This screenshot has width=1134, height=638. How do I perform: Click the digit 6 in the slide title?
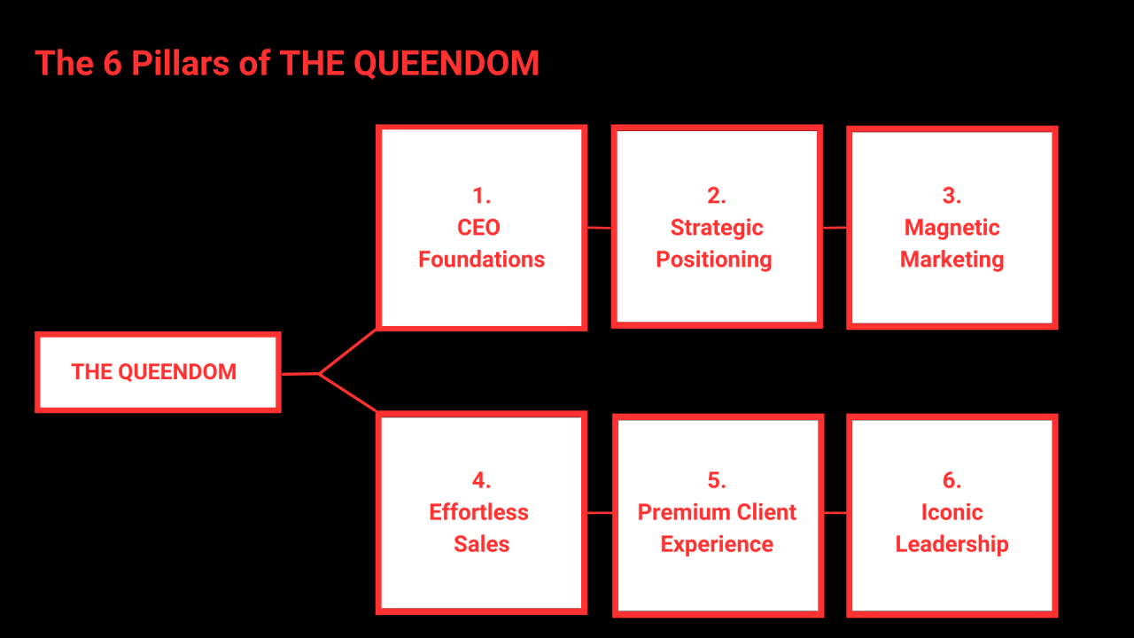(x=112, y=64)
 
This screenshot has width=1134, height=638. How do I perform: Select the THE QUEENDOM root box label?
(x=154, y=372)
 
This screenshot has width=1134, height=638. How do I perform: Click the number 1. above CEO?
(x=481, y=196)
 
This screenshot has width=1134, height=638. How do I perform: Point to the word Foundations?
(x=481, y=260)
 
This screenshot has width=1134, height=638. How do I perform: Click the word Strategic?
(x=717, y=228)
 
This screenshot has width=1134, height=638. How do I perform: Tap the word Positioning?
(x=714, y=260)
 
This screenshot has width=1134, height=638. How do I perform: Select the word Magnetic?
(x=951, y=228)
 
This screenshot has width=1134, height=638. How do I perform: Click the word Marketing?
(x=951, y=260)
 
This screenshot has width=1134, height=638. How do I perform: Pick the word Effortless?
(x=478, y=512)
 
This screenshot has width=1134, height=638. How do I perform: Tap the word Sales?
(x=481, y=544)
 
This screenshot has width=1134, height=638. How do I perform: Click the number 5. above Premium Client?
(x=717, y=480)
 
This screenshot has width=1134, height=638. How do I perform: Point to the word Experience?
(x=717, y=544)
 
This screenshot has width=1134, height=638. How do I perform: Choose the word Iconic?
(x=951, y=512)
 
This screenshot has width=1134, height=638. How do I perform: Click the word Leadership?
(x=951, y=544)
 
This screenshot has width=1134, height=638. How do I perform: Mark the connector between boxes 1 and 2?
(x=599, y=228)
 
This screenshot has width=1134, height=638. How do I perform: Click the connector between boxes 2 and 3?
(x=835, y=228)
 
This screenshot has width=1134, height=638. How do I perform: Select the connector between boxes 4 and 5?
(x=600, y=512)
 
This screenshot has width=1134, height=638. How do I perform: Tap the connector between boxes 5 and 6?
(x=835, y=512)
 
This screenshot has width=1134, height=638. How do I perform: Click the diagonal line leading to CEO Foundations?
(x=348, y=351)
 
